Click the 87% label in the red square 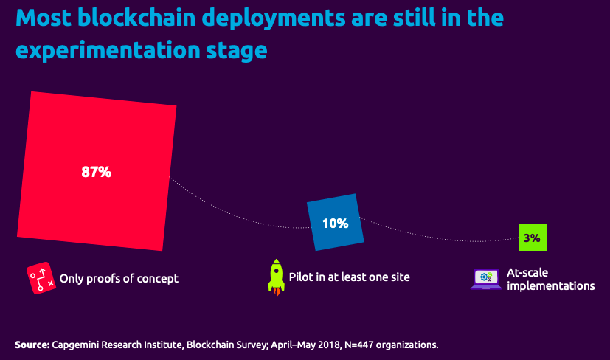click(96, 173)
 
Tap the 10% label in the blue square click(335, 223)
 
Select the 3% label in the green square click(533, 238)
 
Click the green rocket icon click(276, 277)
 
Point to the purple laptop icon click(486, 278)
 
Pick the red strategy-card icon click(41, 279)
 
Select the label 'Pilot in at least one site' click(350, 277)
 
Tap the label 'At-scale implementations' click(550, 279)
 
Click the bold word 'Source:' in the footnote click(32, 345)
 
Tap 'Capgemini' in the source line click(77, 345)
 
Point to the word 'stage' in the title click(235, 49)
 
